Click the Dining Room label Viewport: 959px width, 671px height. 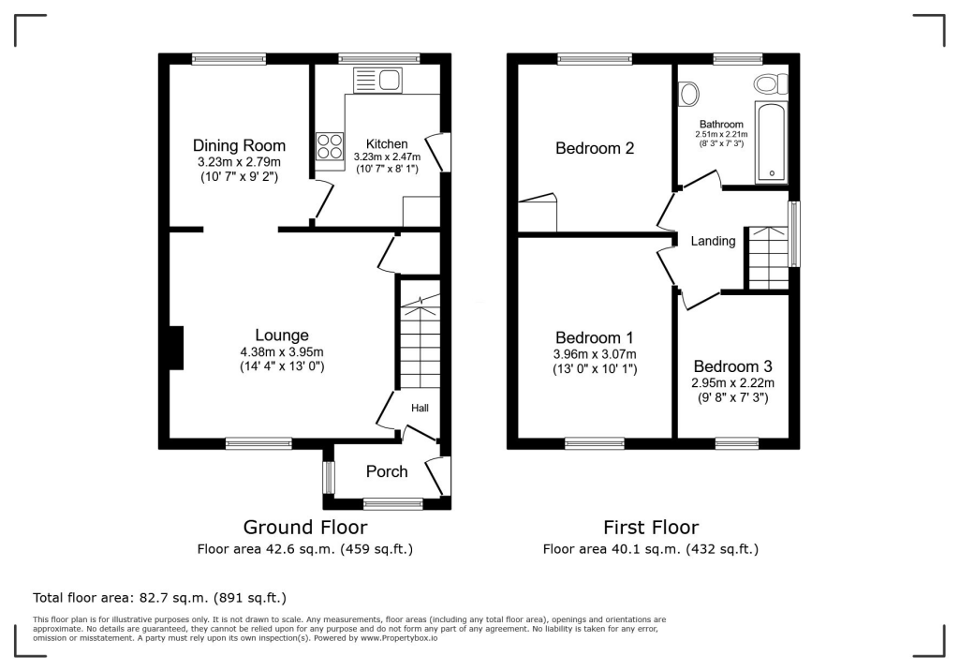[x=239, y=145]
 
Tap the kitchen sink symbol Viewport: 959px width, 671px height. [x=376, y=80]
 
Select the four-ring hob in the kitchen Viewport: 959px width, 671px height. [x=331, y=145]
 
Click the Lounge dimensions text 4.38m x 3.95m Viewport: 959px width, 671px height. [x=282, y=352]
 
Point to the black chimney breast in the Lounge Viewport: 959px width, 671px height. [x=176, y=348]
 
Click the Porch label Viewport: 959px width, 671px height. [x=387, y=471]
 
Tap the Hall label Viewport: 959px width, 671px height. [x=420, y=408]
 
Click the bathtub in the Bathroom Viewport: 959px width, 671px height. [x=772, y=141]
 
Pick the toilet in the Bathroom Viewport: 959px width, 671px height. [x=771, y=84]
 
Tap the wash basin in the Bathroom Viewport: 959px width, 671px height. [x=688, y=94]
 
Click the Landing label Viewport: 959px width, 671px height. [x=713, y=241]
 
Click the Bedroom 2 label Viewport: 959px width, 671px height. [x=595, y=148]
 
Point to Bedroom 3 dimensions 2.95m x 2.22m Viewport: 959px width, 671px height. [x=733, y=383]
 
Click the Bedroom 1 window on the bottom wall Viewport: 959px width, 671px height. [x=594, y=442]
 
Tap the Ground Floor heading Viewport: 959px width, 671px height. [x=304, y=528]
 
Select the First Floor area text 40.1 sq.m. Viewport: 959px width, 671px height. [x=650, y=549]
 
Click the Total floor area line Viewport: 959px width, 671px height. [x=159, y=597]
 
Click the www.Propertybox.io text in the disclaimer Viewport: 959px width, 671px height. [x=398, y=637]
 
